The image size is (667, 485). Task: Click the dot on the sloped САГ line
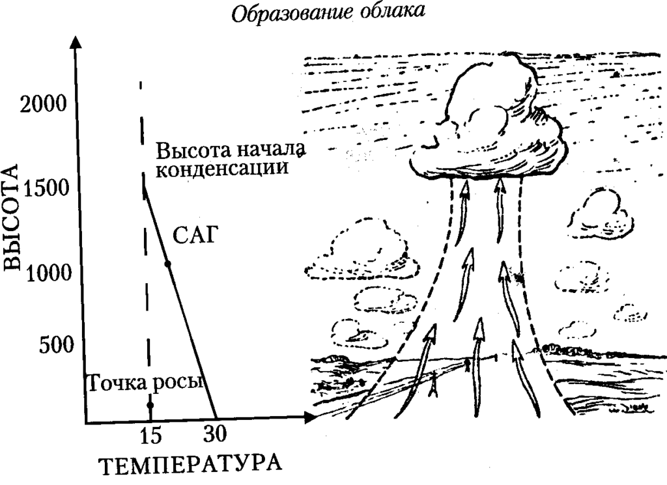click(x=167, y=264)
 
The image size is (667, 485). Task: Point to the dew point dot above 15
click(x=150, y=405)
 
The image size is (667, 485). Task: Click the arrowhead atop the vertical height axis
click(x=76, y=42)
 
